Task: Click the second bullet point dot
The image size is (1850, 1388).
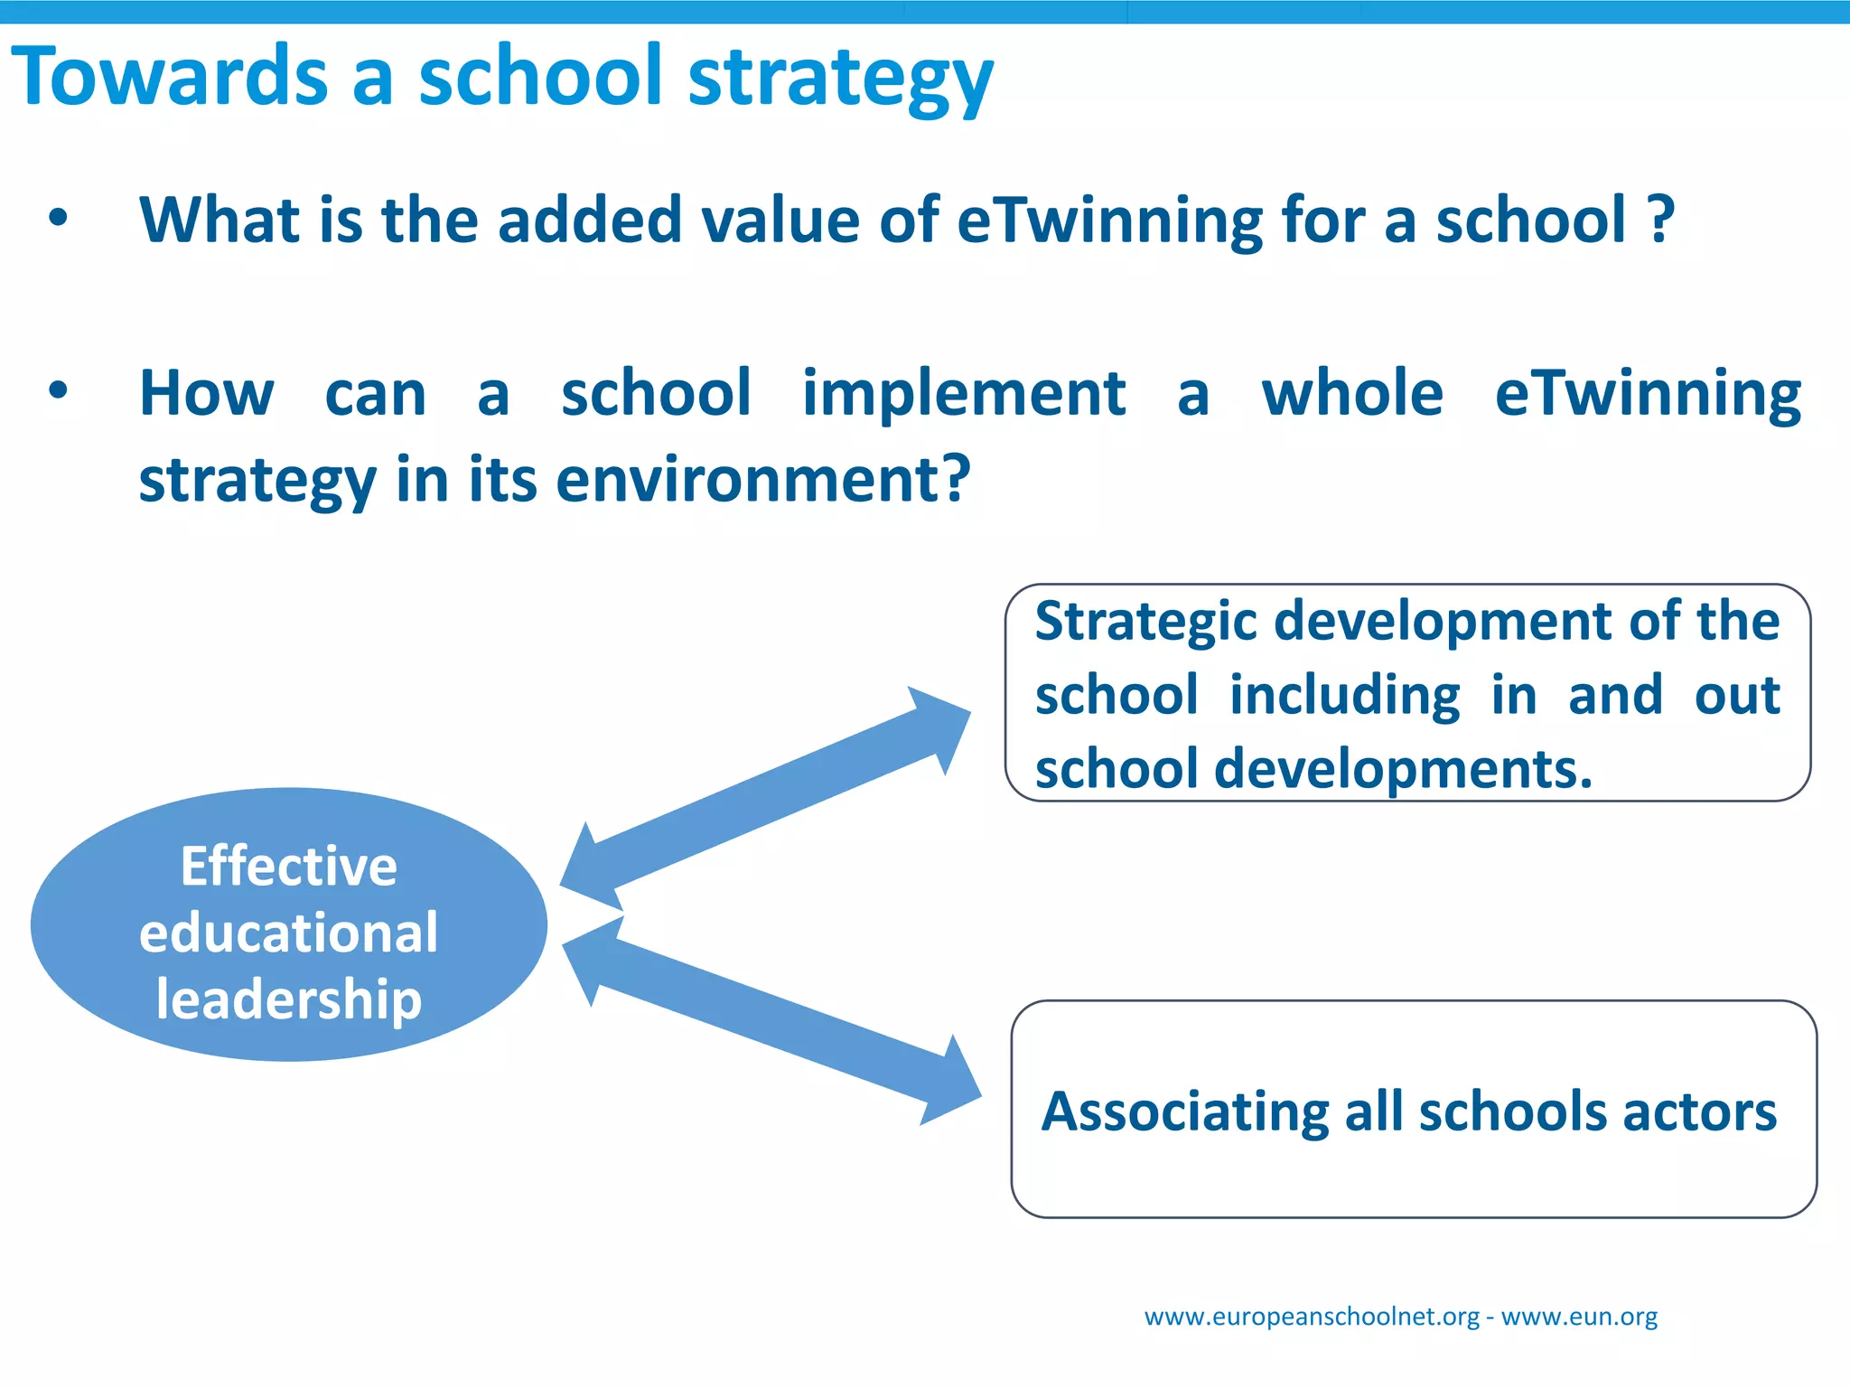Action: (59, 390)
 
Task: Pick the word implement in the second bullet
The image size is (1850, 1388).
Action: (964, 395)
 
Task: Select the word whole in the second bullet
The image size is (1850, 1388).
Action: (1352, 394)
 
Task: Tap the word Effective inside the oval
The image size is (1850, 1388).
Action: (288, 866)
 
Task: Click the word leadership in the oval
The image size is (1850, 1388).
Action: (288, 999)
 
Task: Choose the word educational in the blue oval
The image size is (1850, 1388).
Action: (288, 933)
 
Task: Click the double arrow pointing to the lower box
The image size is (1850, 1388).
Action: (771, 1020)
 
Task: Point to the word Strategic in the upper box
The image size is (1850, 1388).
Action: (1145, 623)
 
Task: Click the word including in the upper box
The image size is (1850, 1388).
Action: (1344, 696)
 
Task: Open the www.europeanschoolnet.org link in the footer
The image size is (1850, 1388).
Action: (1312, 1317)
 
